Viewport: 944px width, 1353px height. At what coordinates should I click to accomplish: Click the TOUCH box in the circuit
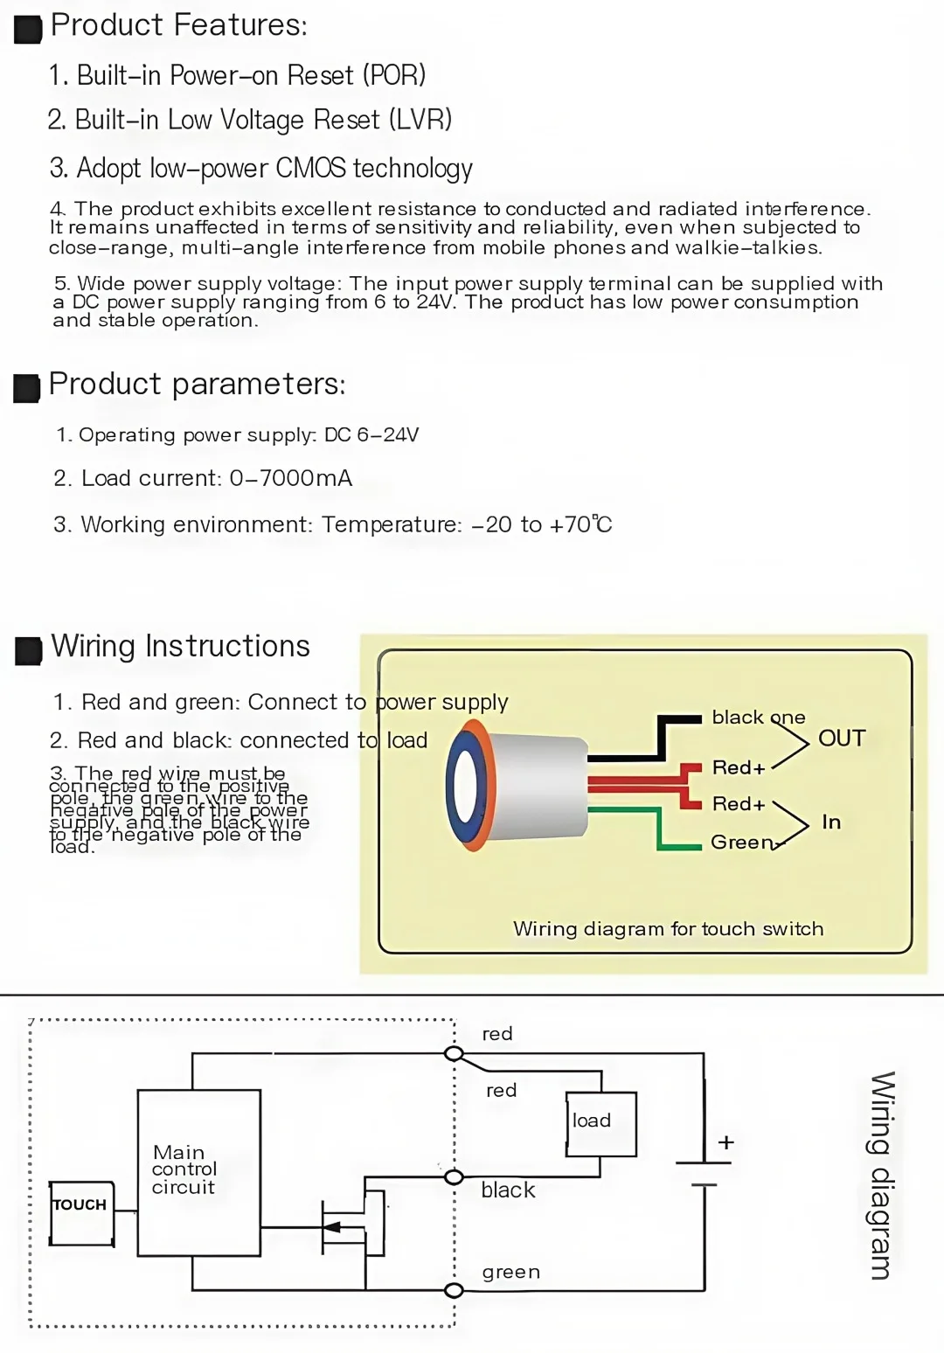pos(81,1212)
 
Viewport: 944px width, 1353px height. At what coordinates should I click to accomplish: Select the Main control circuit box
pos(198,1172)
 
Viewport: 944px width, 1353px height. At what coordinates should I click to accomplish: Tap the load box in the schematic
pos(600,1123)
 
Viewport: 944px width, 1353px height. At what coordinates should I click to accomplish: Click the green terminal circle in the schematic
pos(454,1290)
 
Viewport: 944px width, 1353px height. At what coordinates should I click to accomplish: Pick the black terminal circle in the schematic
pos(454,1177)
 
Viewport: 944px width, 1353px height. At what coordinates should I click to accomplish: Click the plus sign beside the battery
pos(725,1142)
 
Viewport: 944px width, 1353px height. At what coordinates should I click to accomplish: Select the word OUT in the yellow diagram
pos(842,739)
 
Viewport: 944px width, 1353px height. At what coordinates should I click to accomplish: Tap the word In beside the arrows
pos(831,822)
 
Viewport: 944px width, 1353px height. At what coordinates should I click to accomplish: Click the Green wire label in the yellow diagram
pos(742,842)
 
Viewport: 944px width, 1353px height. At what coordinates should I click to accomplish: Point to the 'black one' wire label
pos(758,718)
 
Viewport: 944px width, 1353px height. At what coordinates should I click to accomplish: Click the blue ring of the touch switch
pos(465,784)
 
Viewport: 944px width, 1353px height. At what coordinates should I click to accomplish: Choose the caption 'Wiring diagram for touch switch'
pos(668,928)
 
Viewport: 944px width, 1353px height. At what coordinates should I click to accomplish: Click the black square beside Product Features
pos(28,29)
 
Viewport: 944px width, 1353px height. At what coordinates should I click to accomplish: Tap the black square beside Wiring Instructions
pos(28,650)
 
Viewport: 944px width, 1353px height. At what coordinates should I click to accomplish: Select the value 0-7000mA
pos(291,478)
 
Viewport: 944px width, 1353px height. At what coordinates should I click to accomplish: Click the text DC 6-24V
pos(371,434)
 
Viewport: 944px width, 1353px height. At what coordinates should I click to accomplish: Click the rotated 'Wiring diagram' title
pos(881,1175)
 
